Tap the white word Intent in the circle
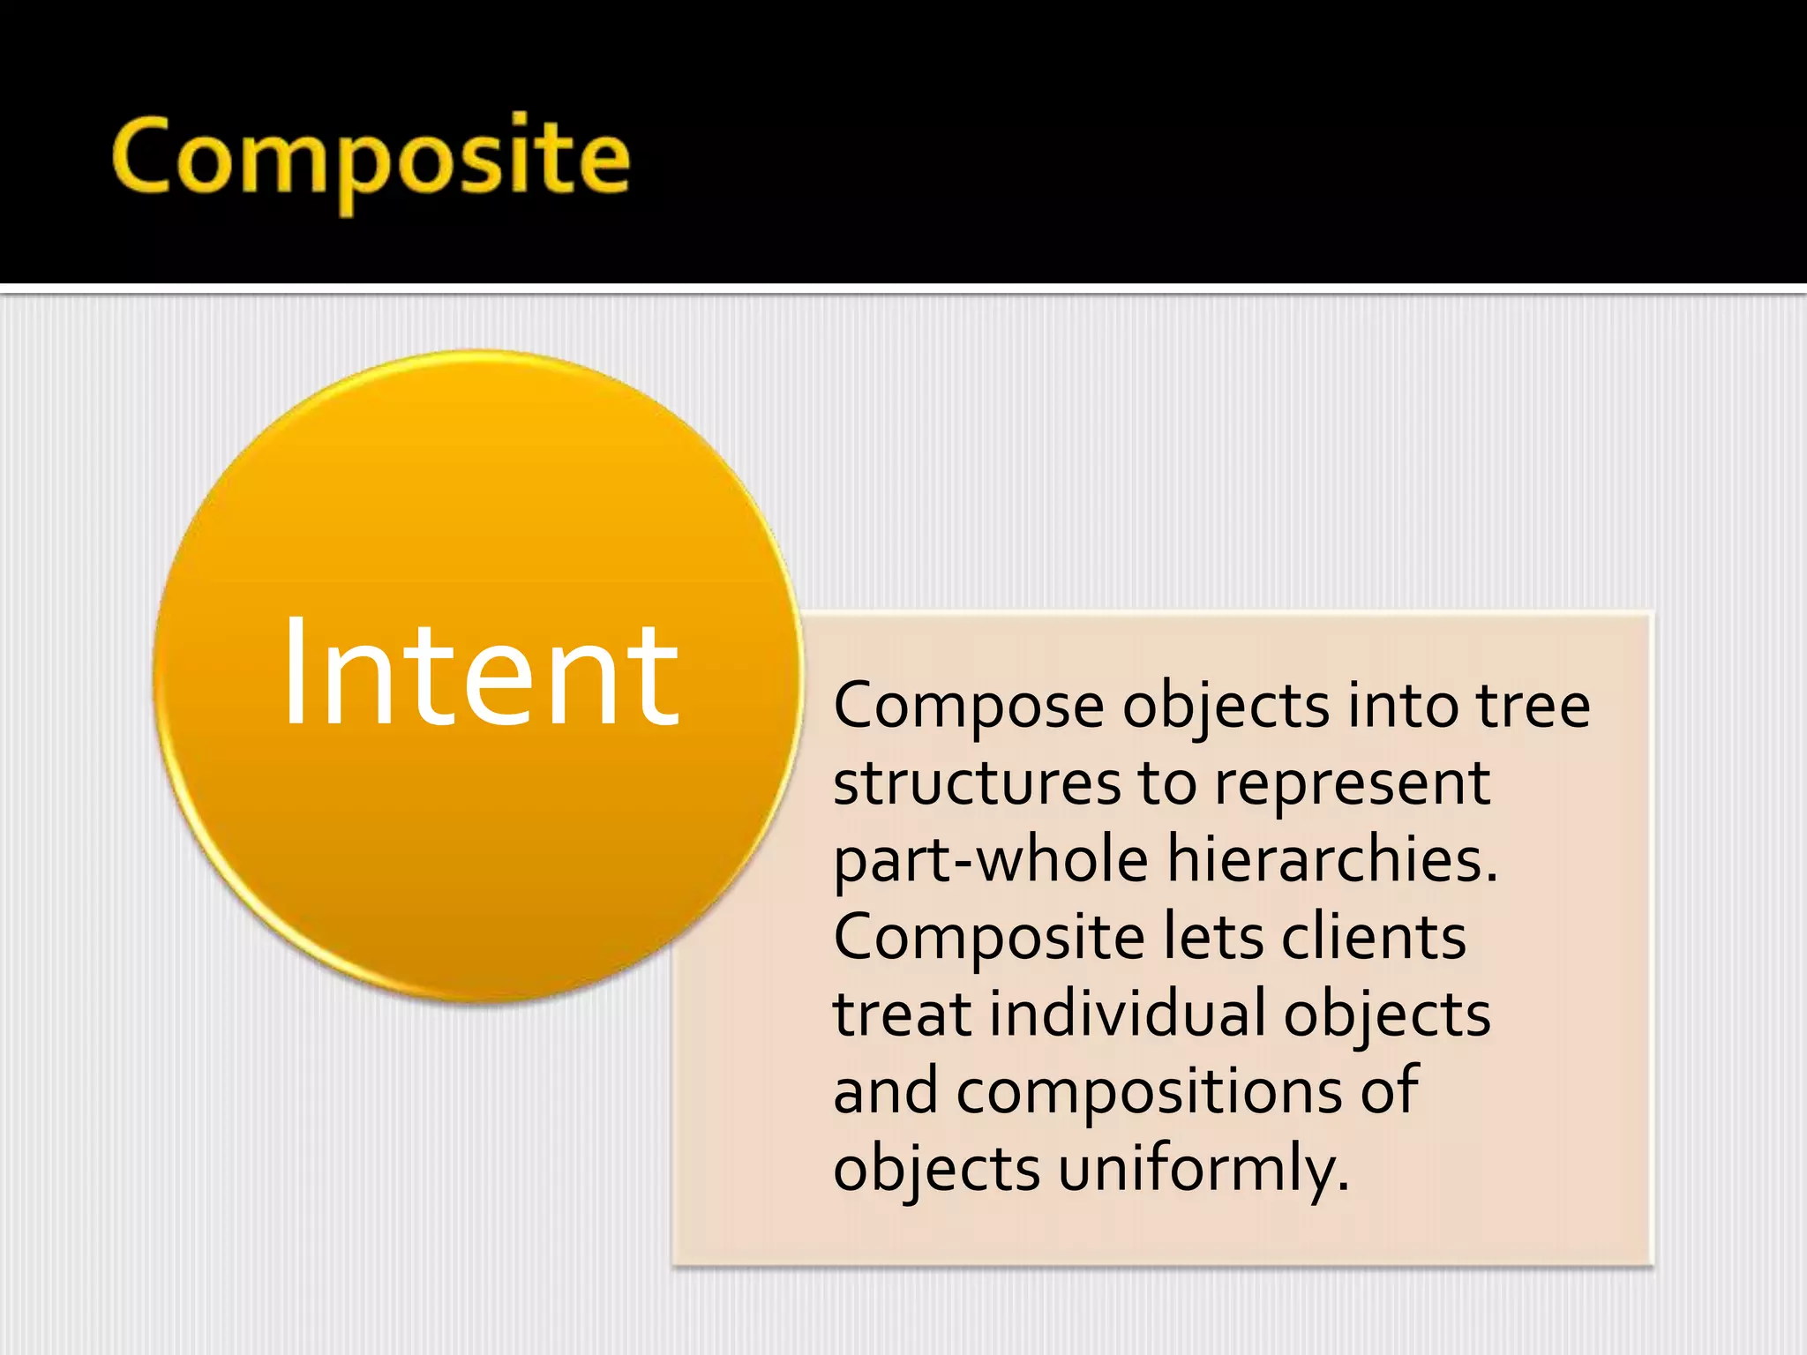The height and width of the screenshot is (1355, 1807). pyautogui.click(x=480, y=675)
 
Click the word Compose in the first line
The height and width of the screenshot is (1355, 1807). pyautogui.click(x=968, y=707)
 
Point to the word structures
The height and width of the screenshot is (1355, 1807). pyautogui.click(x=977, y=783)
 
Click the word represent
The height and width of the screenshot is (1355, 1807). pyautogui.click(x=1352, y=785)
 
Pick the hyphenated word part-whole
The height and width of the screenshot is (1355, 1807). pyautogui.click(x=991, y=860)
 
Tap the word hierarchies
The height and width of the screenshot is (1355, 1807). pyautogui.click(x=1332, y=860)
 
